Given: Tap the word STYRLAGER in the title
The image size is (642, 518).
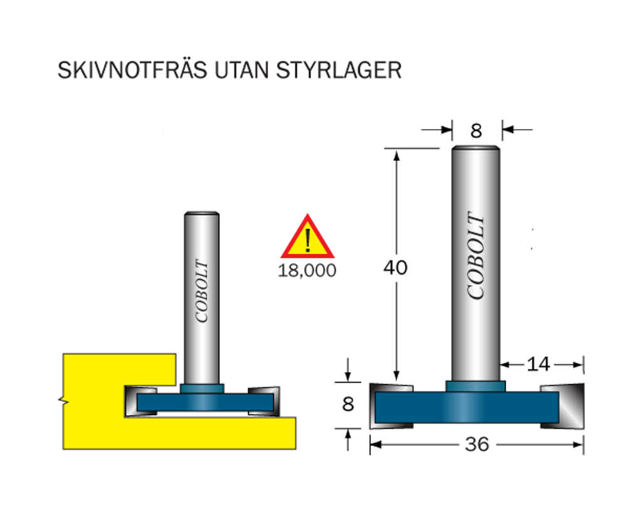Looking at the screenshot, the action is pos(339,70).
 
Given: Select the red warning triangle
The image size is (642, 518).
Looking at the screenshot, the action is pos(307,237).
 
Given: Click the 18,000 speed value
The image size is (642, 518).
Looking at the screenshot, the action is pos(307,271).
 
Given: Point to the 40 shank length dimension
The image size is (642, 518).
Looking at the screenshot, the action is pos(395,267).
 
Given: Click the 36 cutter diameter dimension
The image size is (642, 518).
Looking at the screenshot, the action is pos(477,444).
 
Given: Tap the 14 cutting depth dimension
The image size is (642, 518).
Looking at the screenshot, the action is pos(538,364).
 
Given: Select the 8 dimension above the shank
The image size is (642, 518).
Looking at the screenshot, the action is pos(476,131).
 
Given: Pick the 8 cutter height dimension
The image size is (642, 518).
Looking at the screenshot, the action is pos(348,404).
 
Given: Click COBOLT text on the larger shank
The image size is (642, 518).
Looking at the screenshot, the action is pos(476,256).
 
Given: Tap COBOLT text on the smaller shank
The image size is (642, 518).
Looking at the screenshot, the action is pos(202,291).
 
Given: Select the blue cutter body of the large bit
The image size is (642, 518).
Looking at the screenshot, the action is pos(467,407).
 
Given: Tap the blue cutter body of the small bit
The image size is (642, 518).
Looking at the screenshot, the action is pos(205,402).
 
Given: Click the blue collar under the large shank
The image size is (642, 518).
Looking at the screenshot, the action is pos(476,386).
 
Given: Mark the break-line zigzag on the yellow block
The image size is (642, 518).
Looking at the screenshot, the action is pos(64,401).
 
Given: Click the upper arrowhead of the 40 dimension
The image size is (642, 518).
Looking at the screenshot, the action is pos(396,155).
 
